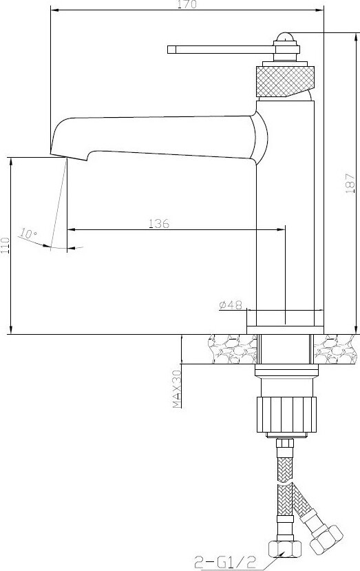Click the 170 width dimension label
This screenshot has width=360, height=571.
coord(187,4)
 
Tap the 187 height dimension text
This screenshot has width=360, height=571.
coord(350,183)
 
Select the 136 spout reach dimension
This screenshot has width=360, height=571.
coord(159,223)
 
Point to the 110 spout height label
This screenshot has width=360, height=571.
coord(5,246)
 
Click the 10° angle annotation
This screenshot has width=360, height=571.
coord(28,233)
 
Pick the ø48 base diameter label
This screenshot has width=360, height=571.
coord(231,304)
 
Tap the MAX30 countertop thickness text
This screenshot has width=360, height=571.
coord(177,389)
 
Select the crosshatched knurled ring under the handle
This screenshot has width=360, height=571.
coord(285,81)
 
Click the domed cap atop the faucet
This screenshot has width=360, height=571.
coord(285,37)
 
